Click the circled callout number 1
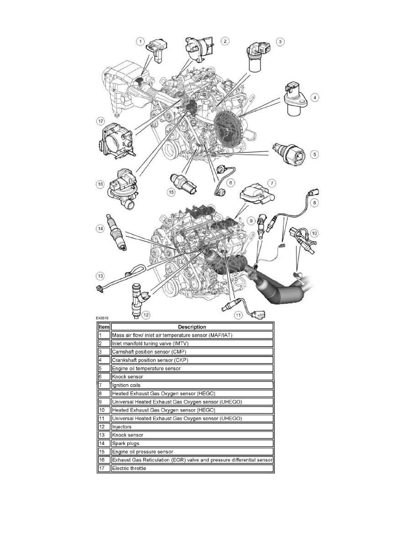(141, 42)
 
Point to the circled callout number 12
(146, 314)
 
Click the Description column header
(192, 327)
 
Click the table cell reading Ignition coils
(192, 385)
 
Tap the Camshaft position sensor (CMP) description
(192, 351)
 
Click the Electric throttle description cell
(192, 469)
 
